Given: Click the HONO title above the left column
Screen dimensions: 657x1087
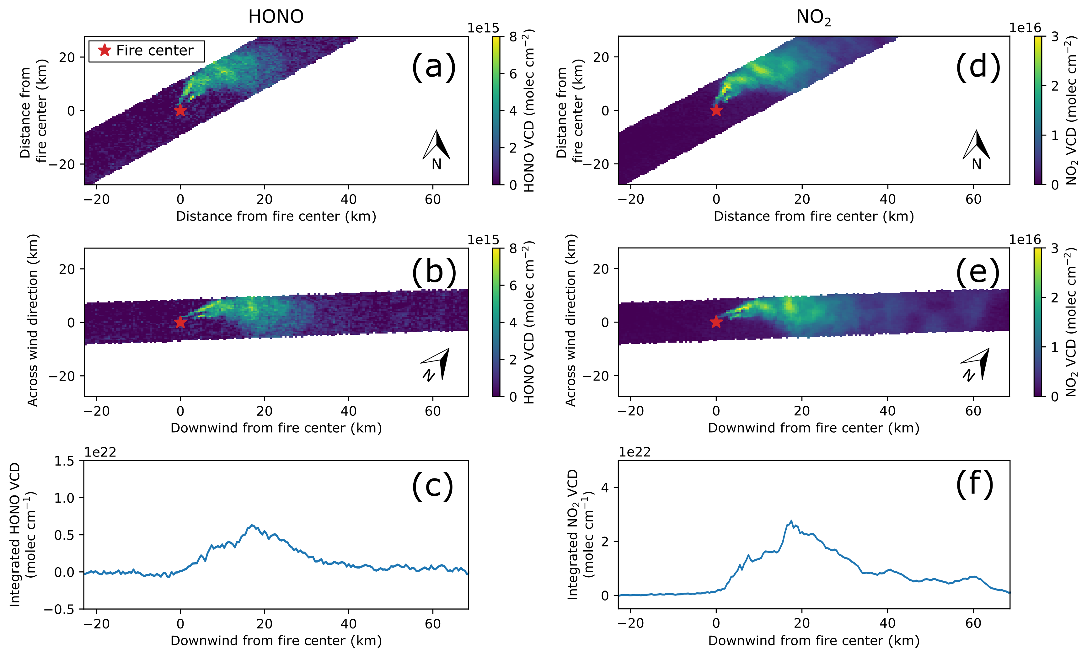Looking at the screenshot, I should pos(276,17).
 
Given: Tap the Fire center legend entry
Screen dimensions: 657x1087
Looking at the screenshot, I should pos(147,51).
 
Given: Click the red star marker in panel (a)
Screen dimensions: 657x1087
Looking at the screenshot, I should pos(180,110).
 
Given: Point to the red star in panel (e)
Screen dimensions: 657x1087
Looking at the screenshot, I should pos(716,322).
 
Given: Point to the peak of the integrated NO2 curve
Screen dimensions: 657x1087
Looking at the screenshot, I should pos(791,521).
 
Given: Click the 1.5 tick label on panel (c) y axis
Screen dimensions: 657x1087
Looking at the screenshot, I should pos(64,462).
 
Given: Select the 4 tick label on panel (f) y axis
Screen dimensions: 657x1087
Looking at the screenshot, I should pos(604,488).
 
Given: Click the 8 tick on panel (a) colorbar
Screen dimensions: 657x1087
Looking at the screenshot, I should pos(513,37).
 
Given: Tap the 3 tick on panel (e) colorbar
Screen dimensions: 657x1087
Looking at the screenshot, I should pos(1054,248).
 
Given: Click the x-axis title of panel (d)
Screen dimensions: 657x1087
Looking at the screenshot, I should pos(813,216).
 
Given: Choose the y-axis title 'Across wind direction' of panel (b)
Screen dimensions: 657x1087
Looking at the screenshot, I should pos(33,320).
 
